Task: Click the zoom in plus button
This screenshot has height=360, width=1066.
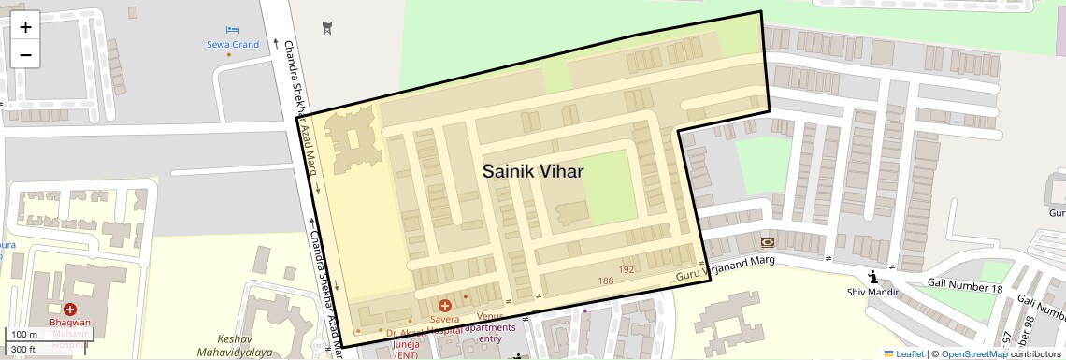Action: (x=25, y=27)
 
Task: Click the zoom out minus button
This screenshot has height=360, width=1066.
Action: (x=25, y=54)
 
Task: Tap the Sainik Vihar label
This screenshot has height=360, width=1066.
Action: (x=533, y=171)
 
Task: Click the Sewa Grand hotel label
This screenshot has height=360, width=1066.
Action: (x=233, y=44)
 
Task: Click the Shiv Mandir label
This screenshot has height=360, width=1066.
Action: (x=872, y=292)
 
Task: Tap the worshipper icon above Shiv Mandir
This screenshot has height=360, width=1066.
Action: (x=872, y=276)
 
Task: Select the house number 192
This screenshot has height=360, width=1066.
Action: (x=627, y=269)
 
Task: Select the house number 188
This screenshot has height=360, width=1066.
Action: (x=606, y=281)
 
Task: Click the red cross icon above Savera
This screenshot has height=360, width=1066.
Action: (x=445, y=305)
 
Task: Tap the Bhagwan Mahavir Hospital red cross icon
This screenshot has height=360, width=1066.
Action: (x=70, y=310)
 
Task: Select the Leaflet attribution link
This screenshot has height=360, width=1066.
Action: (x=903, y=353)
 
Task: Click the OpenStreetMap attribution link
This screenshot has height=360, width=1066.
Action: (x=973, y=353)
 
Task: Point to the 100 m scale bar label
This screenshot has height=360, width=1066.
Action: (x=23, y=335)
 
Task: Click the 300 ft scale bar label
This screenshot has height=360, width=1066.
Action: (x=23, y=350)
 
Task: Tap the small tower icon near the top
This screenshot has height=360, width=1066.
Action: (x=325, y=27)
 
